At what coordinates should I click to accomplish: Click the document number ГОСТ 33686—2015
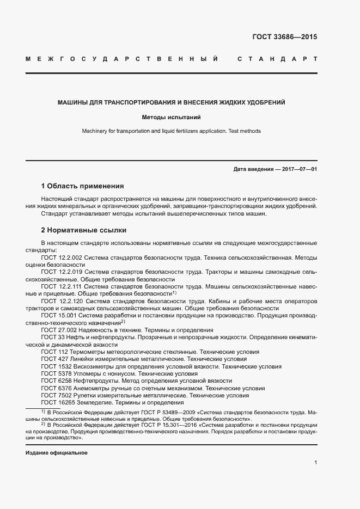pos(284,38)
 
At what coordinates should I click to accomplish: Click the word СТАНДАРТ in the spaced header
pos(277,58)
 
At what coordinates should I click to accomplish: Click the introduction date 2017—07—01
pos(299,169)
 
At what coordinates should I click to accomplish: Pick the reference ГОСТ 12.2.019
pos(61,271)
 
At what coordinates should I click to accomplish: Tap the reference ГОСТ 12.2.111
pos(61,286)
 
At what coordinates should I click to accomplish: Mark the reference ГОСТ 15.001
pos(59,315)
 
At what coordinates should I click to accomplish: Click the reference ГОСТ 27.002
pos(59,330)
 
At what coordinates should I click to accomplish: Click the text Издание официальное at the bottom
pos(57,453)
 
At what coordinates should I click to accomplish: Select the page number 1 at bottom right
pos(315,462)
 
